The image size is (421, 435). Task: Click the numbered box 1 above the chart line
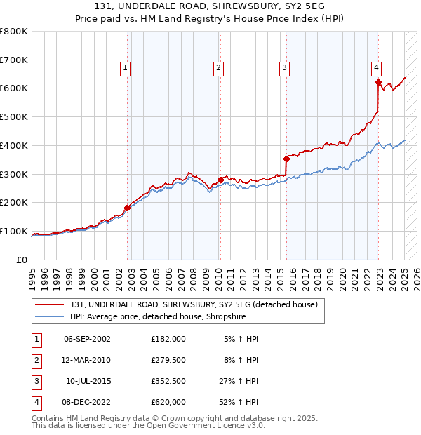point(124,68)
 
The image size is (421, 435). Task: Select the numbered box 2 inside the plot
point(219,68)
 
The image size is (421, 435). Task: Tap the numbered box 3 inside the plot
point(284,68)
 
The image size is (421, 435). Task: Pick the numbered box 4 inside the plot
point(377,68)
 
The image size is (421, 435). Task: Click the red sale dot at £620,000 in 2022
point(378,83)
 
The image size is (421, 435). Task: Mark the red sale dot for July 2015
point(286,159)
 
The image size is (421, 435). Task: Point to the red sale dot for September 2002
point(128,208)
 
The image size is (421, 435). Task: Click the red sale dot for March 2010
point(220,180)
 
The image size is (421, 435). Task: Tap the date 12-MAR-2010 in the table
point(87,361)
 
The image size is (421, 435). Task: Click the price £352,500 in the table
point(168,382)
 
